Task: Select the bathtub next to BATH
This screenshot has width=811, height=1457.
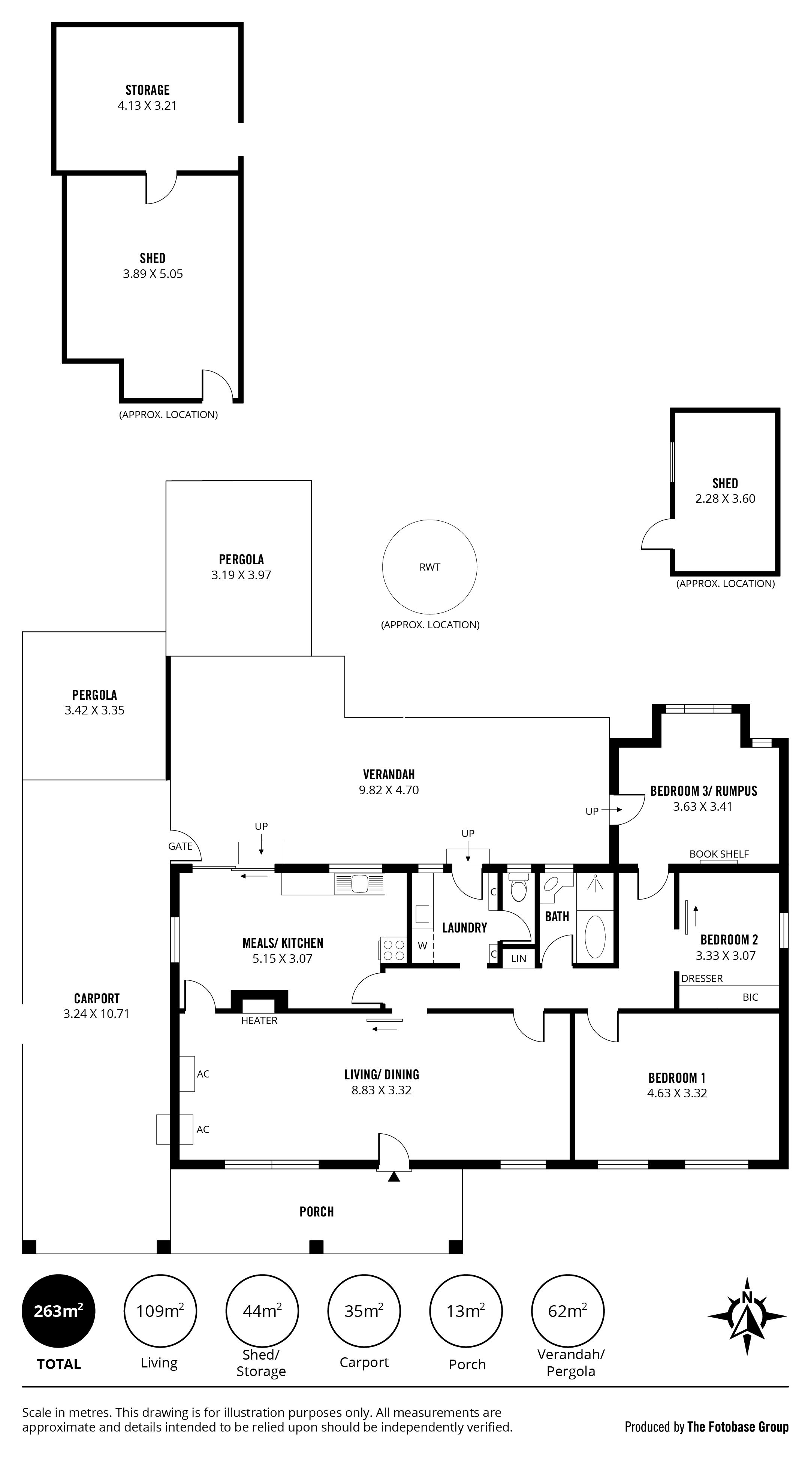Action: click(x=595, y=936)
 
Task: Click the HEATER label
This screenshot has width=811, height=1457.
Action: click(x=259, y=1021)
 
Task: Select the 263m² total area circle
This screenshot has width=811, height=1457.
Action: click(x=58, y=1311)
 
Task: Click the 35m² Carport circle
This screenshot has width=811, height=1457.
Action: click(x=364, y=1311)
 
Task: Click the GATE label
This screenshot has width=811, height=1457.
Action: click(x=181, y=846)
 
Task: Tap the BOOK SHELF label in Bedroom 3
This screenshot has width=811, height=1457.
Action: click(x=719, y=854)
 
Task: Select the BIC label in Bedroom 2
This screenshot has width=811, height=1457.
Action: click(x=750, y=997)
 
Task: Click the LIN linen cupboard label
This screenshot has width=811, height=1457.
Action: click(x=518, y=959)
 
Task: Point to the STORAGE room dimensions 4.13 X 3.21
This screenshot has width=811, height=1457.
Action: click(x=147, y=106)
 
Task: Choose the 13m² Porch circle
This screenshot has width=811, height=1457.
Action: click(x=466, y=1311)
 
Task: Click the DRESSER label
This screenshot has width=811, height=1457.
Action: click(x=702, y=979)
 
